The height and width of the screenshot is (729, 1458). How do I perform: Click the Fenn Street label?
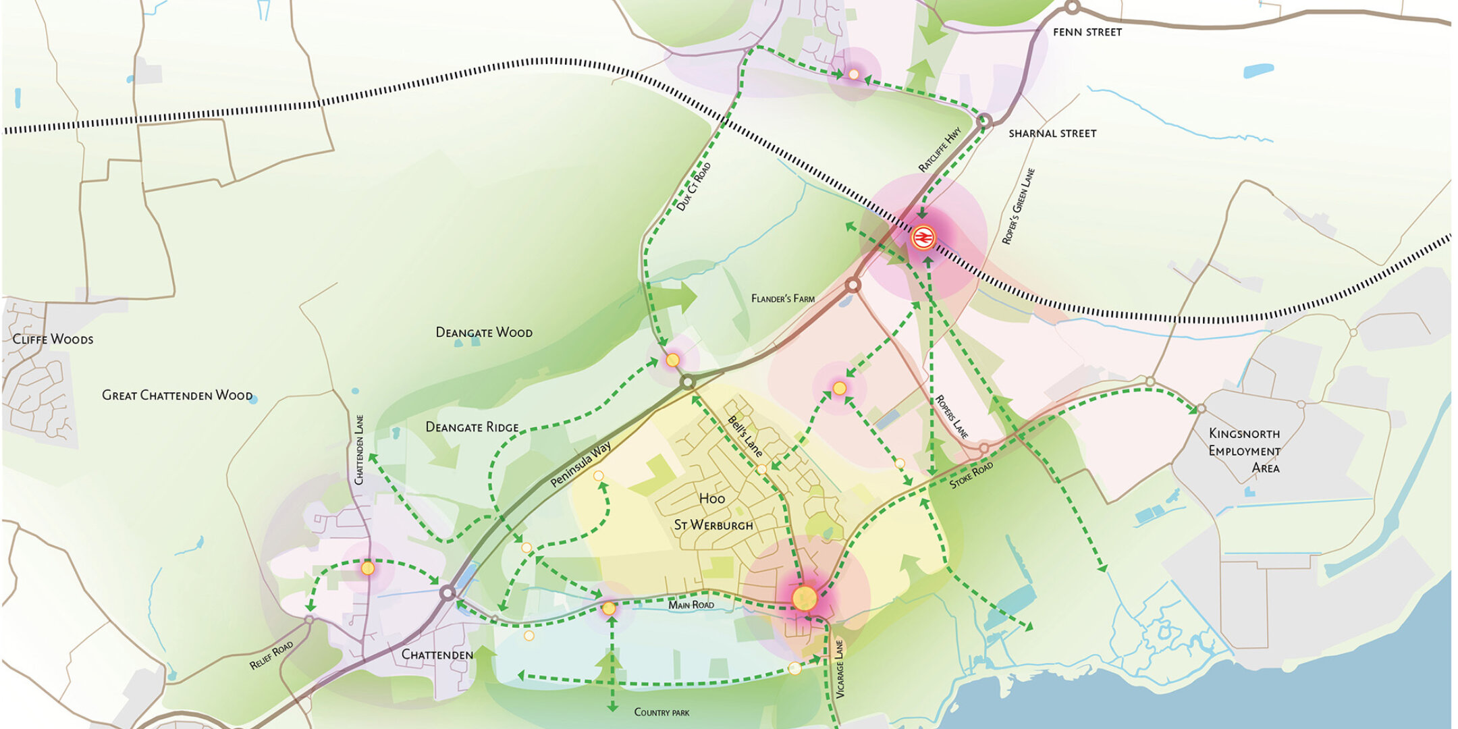1087,32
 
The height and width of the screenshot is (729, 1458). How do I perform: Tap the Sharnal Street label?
1052,134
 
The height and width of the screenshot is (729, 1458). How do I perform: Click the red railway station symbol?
923,238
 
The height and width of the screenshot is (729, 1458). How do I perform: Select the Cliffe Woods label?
53,339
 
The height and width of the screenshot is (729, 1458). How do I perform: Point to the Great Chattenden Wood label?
177,395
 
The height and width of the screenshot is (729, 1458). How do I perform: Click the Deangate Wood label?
484,332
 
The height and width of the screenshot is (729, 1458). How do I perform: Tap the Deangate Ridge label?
472,427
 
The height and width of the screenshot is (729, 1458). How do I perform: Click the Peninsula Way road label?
580,464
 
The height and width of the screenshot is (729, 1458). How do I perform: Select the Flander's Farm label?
782,298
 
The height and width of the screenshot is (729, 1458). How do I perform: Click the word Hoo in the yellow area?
711,499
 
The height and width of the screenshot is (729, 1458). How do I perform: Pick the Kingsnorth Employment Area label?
1244,450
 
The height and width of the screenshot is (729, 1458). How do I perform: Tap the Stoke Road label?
971,475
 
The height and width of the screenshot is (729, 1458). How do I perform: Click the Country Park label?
661,712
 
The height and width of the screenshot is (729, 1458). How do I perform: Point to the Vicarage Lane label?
840,668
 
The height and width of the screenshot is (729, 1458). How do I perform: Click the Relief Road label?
271,655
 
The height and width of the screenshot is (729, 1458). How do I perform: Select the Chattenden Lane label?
359,450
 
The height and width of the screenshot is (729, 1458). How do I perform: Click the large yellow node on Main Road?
805,598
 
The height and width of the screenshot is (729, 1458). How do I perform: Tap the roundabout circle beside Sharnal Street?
984,121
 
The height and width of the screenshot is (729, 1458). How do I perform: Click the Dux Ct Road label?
693,186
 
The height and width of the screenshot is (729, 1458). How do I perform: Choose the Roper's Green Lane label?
1018,206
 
